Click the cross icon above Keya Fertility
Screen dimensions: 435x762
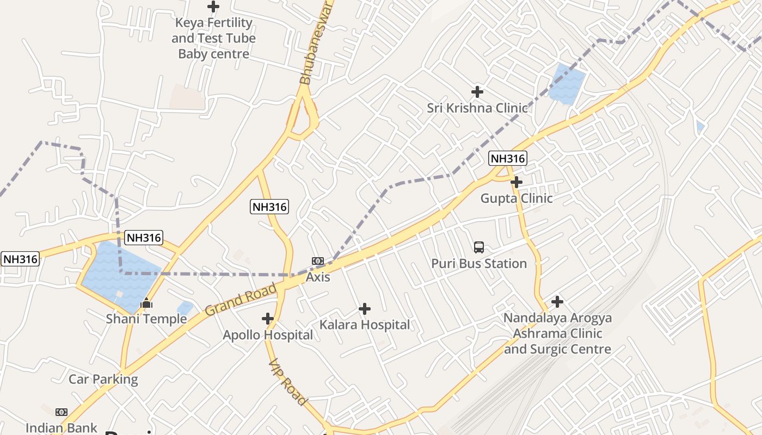pyautogui.click(x=213, y=7)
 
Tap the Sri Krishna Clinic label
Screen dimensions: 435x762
pyautogui.click(x=477, y=108)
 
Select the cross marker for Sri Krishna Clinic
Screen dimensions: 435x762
pyautogui.click(x=477, y=91)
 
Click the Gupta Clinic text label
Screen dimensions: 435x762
pyautogui.click(x=516, y=198)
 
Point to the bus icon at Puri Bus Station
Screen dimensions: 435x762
pyautogui.click(x=479, y=247)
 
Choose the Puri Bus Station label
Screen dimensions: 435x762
pyautogui.click(x=479, y=263)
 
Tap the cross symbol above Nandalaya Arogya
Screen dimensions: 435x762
pyautogui.click(x=557, y=301)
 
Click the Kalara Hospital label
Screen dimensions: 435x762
pyautogui.click(x=365, y=325)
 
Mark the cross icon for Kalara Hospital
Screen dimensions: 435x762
pyautogui.click(x=365, y=309)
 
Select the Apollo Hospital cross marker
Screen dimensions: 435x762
pyautogui.click(x=267, y=318)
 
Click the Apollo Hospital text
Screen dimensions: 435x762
pyautogui.click(x=268, y=334)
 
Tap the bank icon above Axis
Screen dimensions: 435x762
pyautogui.click(x=318, y=261)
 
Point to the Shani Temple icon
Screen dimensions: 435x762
pyautogui.click(x=146, y=303)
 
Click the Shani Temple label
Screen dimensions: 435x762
pyautogui.click(x=146, y=319)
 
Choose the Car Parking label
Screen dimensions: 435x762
pyautogui.click(x=103, y=379)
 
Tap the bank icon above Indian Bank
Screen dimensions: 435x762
pyautogui.click(x=62, y=412)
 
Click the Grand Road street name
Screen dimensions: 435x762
pyautogui.click(x=241, y=299)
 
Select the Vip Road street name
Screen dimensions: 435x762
pyautogui.click(x=287, y=381)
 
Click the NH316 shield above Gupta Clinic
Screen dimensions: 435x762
pyautogui.click(x=507, y=158)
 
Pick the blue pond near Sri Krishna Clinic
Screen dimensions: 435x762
pyautogui.click(x=566, y=83)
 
